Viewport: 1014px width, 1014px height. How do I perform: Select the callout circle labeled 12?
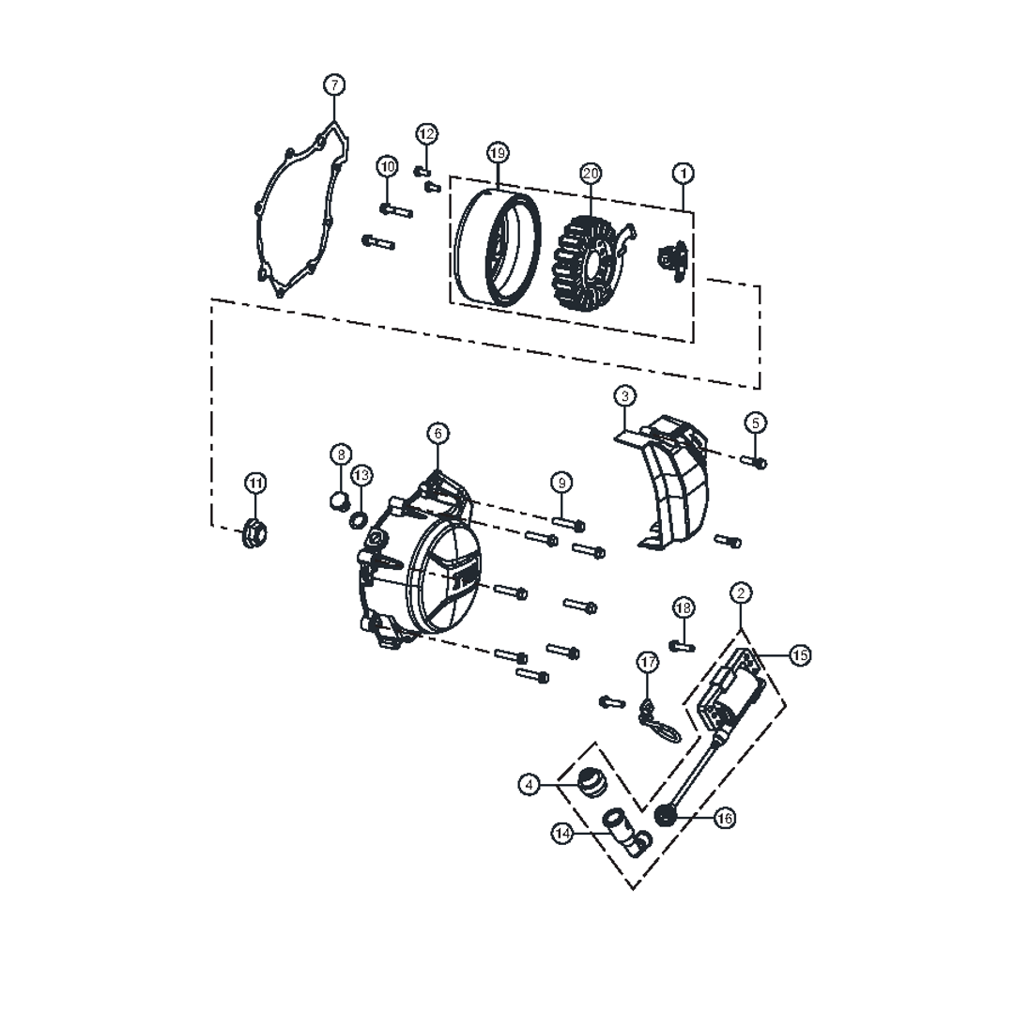[426, 134]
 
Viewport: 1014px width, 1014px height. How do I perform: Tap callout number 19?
[498, 153]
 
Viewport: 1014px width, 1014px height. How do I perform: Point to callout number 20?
[591, 173]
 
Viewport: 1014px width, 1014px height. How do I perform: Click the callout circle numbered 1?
[684, 173]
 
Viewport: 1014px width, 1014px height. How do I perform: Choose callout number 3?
[624, 395]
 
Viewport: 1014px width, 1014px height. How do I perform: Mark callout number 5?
[755, 422]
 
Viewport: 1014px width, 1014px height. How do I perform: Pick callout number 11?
[256, 483]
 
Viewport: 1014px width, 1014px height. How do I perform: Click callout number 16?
[725, 818]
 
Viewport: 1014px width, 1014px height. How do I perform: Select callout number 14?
[562, 834]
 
